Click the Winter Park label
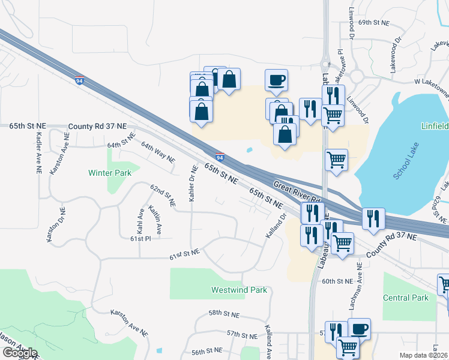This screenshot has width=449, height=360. click(109, 173)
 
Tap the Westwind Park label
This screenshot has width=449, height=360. click(239, 290)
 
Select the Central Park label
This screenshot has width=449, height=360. click(406, 298)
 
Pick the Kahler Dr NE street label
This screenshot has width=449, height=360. click(193, 182)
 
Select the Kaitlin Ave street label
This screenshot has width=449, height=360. click(156, 220)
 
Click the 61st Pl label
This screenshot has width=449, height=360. click(140, 239)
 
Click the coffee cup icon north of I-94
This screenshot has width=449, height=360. click(276, 80)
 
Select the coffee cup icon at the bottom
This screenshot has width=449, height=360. click(359, 329)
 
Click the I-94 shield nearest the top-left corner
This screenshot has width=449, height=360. click(80, 80)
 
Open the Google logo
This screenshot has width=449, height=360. click(20, 353)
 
